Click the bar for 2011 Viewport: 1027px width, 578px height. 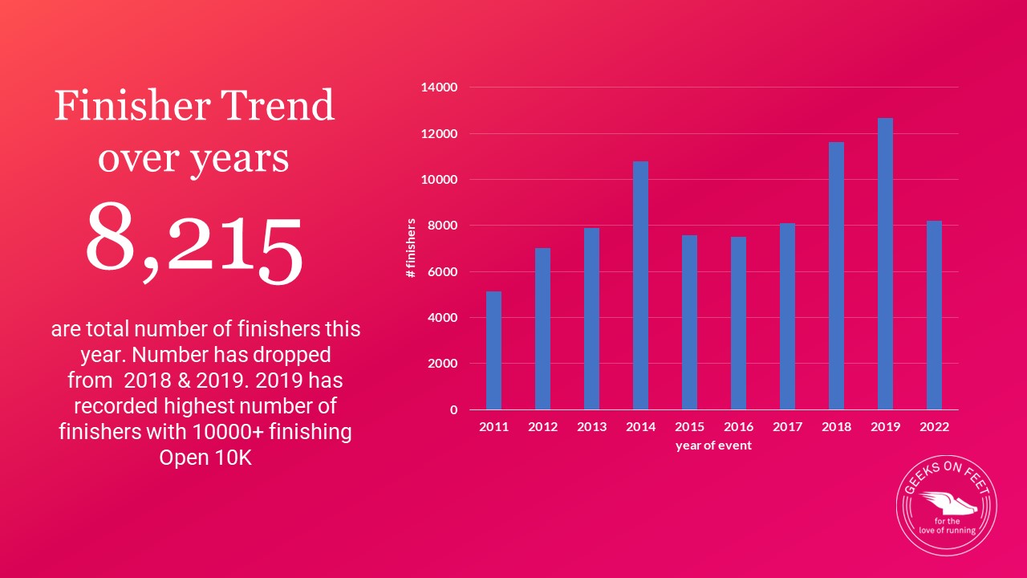(x=493, y=350)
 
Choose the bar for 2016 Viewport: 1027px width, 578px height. (x=738, y=323)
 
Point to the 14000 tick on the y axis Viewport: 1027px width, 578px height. (x=440, y=88)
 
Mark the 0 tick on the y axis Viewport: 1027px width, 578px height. (x=453, y=409)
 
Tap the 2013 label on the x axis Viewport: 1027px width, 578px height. (x=591, y=427)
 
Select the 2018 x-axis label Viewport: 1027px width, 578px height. (x=836, y=427)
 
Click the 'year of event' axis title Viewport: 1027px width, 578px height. (x=713, y=446)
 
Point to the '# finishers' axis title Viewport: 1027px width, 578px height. (x=411, y=248)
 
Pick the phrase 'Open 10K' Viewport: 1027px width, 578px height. (x=205, y=458)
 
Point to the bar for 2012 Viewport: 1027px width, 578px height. (x=542, y=328)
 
